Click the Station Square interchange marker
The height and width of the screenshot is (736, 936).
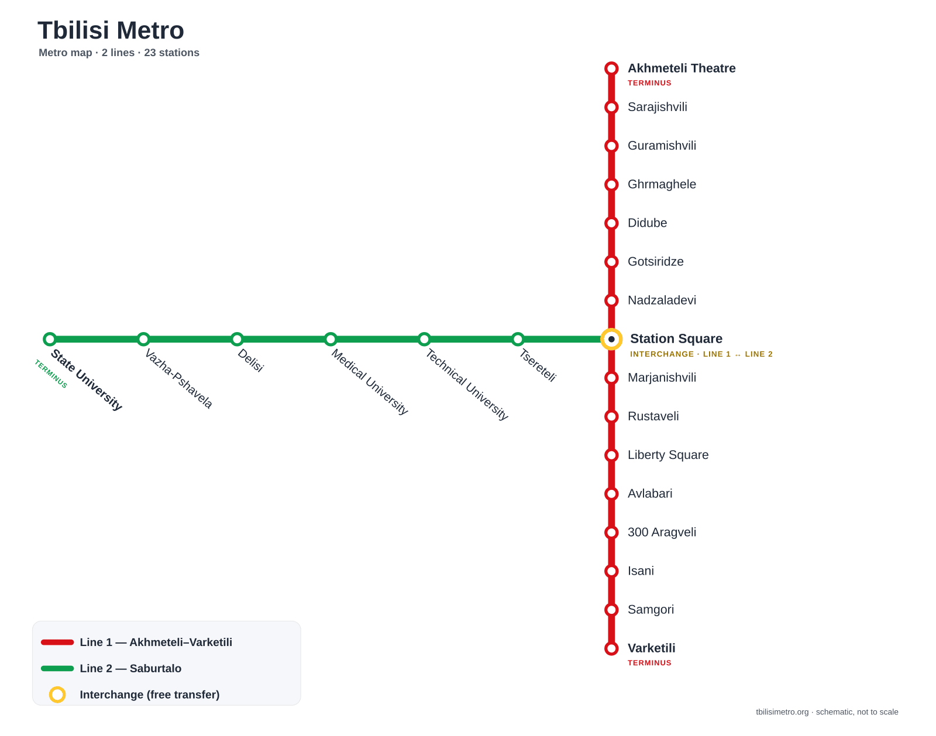(x=611, y=339)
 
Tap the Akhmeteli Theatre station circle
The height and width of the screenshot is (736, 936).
(x=611, y=68)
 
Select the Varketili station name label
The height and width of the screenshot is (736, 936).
(x=651, y=648)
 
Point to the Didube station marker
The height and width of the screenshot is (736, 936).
(x=611, y=223)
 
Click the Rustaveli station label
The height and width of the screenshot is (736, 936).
(x=653, y=416)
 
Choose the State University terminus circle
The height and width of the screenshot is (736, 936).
(x=50, y=339)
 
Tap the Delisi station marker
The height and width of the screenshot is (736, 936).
(x=236, y=339)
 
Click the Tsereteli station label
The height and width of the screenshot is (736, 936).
(x=538, y=365)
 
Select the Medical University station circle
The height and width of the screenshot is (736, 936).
(x=331, y=339)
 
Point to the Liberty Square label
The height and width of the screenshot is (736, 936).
(x=668, y=455)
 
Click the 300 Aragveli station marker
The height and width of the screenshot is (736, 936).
(x=611, y=532)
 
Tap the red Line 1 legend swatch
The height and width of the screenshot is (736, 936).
(x=57, y=642)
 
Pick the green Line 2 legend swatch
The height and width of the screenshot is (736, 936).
(x=57, y=668)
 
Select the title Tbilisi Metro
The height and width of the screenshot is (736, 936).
(x=111, y=30)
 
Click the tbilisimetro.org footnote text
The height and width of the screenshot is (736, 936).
(x=827, y=711)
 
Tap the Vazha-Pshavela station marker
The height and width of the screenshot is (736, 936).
(x=143, y=339)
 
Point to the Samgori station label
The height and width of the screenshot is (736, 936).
(x=651, y=610)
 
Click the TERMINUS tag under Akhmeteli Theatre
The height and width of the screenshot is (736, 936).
(x=649, y=83)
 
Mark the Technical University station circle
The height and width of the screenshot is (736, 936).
(x=424, y=339)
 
